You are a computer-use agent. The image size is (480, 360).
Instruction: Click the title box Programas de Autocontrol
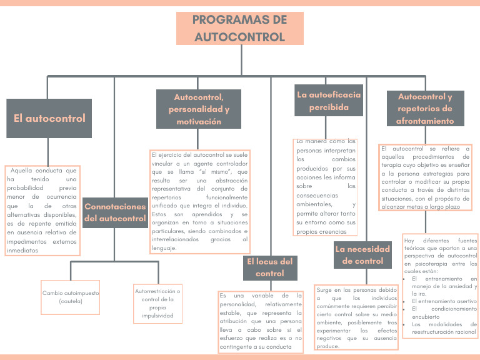point(240,29)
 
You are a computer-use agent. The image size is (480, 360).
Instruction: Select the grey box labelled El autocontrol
point(49,118)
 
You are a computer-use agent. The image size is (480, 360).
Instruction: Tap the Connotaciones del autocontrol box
point(115,212)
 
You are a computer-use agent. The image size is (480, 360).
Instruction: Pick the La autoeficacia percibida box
point(328,101)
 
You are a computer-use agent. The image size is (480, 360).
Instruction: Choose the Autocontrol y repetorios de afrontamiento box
point(425,109)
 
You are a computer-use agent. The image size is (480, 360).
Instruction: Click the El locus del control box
point(270,267)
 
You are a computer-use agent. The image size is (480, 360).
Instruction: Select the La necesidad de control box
point(362,255)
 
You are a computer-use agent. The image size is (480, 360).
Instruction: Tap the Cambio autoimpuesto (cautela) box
point(71,297)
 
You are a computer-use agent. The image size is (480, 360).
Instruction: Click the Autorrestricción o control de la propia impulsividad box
point(158,303)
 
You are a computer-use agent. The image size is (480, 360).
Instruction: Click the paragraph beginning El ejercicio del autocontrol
point(199,200)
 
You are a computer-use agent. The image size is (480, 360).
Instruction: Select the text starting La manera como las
point(326,186)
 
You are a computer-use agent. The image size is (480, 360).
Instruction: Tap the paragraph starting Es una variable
point(260,321)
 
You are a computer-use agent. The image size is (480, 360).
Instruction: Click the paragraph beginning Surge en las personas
point(356,318)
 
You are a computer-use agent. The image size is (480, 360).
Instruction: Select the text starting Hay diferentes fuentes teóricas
point(440,255)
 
